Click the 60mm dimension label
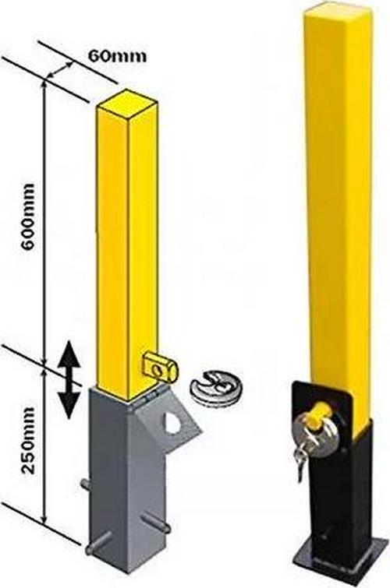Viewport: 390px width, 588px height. pos(117,56)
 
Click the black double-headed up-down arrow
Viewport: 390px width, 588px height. pos(69,379)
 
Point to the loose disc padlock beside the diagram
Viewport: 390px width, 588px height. pos(216,386)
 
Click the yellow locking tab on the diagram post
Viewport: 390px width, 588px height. pos(161,367)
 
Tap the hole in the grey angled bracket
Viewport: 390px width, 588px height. pos(172,422)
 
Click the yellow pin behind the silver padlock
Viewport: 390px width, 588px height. pos(321,410)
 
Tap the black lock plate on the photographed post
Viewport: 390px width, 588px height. pos(322,403)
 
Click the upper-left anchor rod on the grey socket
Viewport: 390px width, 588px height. pos(87,484)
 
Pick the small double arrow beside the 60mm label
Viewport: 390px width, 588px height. pos(59,70)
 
